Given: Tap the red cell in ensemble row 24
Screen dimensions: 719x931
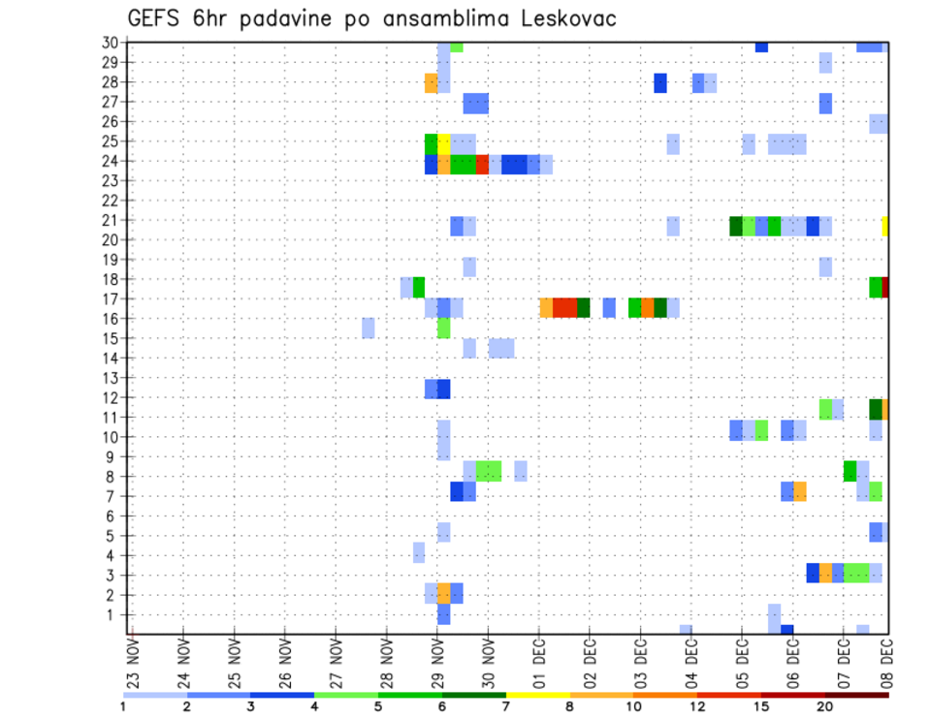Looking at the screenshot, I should click(482, 165).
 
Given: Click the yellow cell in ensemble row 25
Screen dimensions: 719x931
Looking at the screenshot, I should click(443, 144).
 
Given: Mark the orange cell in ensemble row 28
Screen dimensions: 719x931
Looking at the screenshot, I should click(431, 83).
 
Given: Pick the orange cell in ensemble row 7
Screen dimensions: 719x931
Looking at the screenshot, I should click(800, 491).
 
